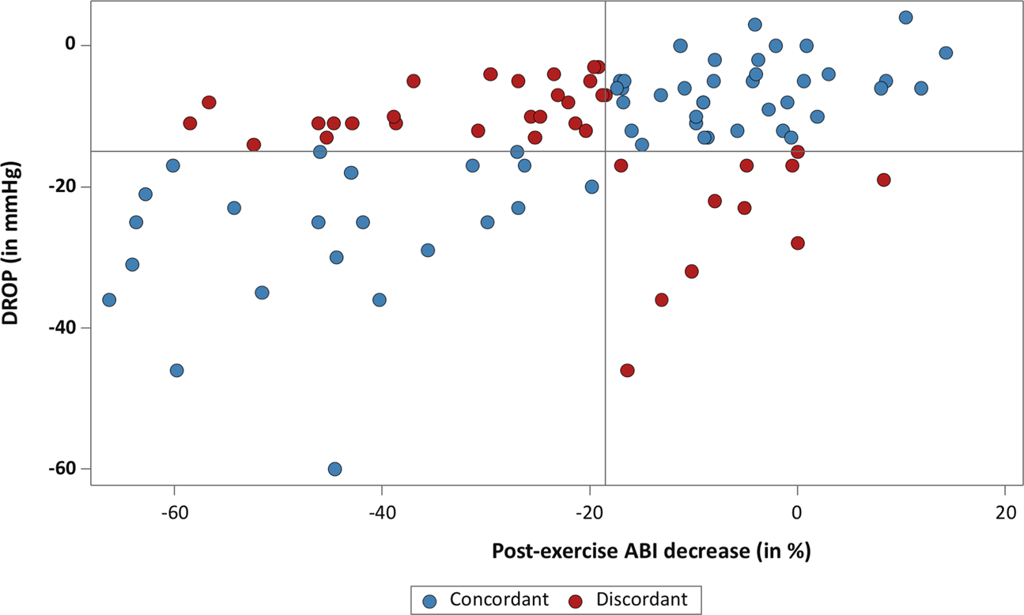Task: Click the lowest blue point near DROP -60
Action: pyautogui.click(x=334, y=469)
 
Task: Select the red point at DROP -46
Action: pyautogui.click(x=627, y=370)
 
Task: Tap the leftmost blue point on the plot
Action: pyautogui.click(x=109, y=300)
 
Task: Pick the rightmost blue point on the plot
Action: pyautogui.click(x=946, y=53)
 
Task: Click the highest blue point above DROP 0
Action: pyautogui.click(x=905, y=17)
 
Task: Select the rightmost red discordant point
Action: pyautogui.click(x=883, y=179)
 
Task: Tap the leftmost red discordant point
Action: pyautogui.click(x=190, y=123)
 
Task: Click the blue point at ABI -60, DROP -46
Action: pyautogui.click(x=176, y=370)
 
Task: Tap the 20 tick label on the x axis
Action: pyautogui.click(x=1004, y=512)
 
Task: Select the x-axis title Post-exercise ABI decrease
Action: pyautogui.click(x=652, y=551)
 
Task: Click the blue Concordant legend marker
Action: pyautogui.click(x=430, y=599)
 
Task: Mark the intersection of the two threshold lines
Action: pyautogui.click(x=606, y=151)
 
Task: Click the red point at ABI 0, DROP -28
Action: pyautogui.click(x=797, y=243)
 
